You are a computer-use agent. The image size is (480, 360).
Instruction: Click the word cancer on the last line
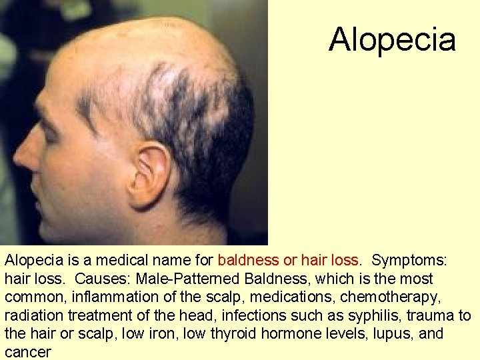coord(28,351)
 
